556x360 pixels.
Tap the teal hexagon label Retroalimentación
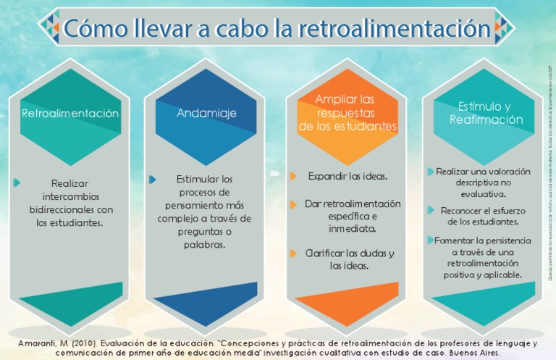click(70, 114)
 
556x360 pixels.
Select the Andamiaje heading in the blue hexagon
click(206, 114)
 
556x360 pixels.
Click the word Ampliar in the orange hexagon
click(332, 99)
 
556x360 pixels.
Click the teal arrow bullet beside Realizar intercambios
click(17, 183)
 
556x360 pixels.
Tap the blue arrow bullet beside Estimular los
click(153, 178)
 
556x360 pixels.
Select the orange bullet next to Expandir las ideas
click(293, 176)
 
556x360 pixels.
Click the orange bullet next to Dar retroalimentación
click(293, 204)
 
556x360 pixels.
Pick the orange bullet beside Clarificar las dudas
click(293, 254)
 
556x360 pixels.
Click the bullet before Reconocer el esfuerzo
click(431, 211)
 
